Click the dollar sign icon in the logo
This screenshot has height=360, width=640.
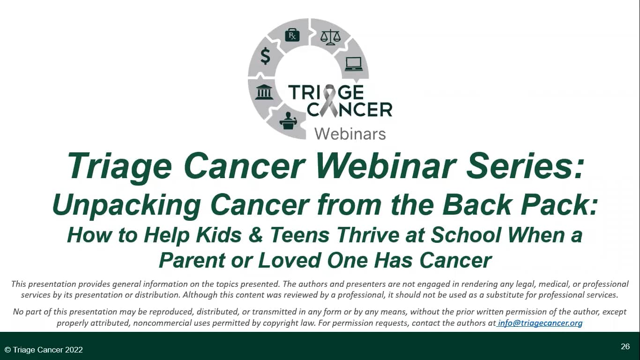[x=266, y=57]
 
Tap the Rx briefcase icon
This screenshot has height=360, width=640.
[x=292, y=35]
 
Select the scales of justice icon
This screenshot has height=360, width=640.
[x=330, y=37]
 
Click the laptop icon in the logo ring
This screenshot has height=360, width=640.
[x=354, y=64]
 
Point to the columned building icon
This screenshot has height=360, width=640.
[x=264, y=92]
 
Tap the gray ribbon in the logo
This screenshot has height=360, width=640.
[x=331, y=100]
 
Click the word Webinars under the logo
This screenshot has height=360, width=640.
[x=350, y=134]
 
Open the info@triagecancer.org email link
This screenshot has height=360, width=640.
[x=540, y=323]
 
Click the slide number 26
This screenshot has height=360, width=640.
[x=625, y=346]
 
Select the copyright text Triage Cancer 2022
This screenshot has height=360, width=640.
[x=44, y=350]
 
